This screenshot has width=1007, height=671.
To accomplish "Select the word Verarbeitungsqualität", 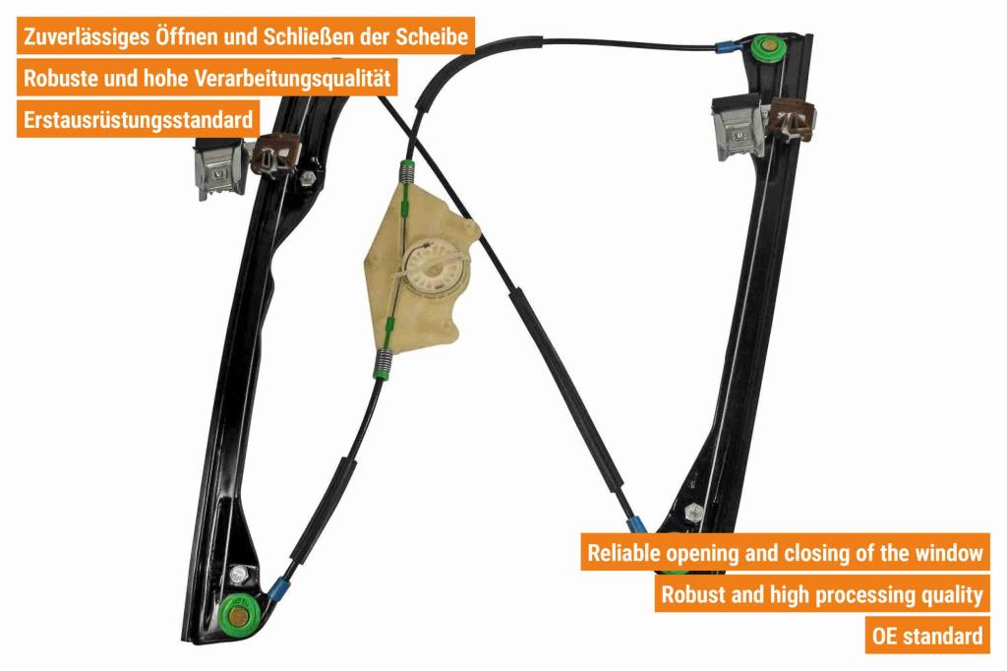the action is point(292,79).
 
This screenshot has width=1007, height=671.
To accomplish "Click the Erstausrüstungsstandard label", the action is point(138,120).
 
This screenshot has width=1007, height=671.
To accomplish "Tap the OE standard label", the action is point(926,636).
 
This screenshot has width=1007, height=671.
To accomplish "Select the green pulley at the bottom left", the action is point(238,615).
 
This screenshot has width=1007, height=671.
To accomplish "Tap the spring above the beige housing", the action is point(406,172).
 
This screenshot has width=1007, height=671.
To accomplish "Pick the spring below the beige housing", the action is point(384,362).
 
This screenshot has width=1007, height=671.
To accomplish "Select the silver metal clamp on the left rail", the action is point(219,169).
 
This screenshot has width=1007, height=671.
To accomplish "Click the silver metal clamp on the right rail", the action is point(738,127).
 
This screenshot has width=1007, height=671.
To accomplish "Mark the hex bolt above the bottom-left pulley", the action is point(240,574).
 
